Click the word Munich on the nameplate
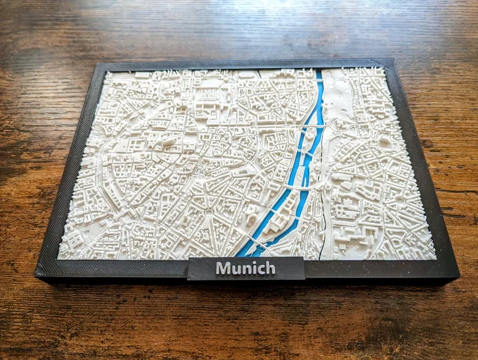tap(245, 268)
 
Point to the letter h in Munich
tap(270, 267)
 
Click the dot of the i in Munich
tap(253, 263)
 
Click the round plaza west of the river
tap(205, 215)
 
